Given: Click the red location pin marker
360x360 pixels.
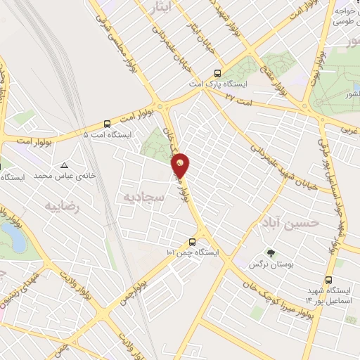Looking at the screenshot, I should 181,165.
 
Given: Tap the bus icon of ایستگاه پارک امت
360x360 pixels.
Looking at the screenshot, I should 217,72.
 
